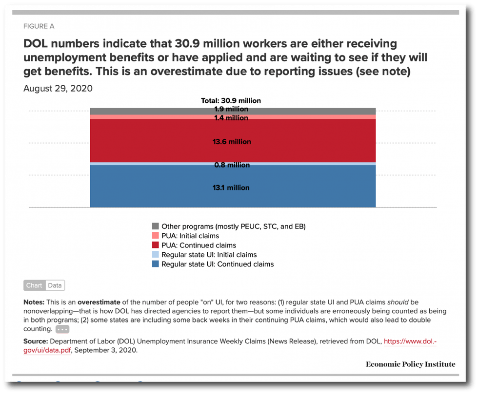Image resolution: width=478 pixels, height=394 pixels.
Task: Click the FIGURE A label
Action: tap(39, 26)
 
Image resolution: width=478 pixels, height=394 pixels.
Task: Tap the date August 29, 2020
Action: tap(58, 89)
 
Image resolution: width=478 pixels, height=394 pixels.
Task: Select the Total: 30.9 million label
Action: tap(231, 101)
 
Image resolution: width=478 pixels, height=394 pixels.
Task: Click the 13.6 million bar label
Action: tap(232, 142)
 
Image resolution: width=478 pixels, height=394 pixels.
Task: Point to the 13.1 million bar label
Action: tap(231, 188)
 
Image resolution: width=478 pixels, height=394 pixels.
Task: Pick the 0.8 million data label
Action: tap(232, 165)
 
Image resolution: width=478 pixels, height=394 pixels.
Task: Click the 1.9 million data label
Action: tap(231, 110)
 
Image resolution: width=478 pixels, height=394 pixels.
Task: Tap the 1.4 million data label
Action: tap(231, 118)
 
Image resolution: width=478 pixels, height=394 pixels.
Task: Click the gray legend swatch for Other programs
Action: tap(156, 226)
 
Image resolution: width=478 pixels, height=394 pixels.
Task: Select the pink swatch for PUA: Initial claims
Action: tap(156, 236)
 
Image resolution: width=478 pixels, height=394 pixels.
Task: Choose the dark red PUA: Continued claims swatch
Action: tap(156, 245)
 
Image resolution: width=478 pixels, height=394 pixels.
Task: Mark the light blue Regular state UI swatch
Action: tap(156, 255)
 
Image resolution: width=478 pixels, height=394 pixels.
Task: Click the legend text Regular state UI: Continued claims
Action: tap(218, 264)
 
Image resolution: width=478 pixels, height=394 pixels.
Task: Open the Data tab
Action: tap(55, 285)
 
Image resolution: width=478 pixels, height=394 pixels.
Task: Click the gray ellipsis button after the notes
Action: tap(63, 329)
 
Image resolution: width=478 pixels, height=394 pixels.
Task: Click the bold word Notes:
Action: tap(34, 302)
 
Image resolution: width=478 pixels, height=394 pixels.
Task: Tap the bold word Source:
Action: tap(36, 341)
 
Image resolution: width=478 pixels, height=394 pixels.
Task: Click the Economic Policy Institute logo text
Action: tap(410, 364)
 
